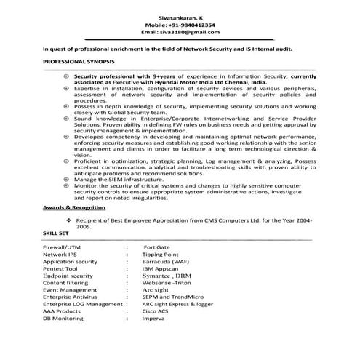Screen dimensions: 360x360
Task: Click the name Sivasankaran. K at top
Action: coord(177,15)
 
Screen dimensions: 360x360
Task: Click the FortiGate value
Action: coord(156,247)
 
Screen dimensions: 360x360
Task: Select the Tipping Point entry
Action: coord(161,255)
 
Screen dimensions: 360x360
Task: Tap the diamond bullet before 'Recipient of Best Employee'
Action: coord(68,219)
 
